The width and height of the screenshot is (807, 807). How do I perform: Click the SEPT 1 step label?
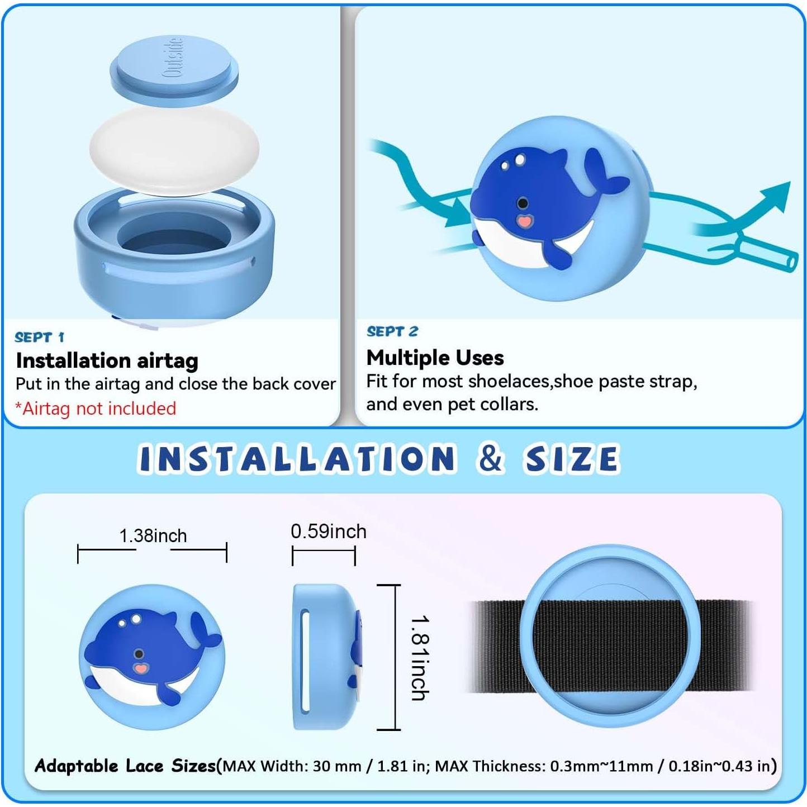click(x=39, y=337)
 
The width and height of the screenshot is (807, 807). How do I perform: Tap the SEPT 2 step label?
click(x=392, y=331)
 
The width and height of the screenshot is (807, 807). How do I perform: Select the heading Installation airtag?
click(x=107, y=360)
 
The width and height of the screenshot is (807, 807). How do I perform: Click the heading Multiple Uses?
click(x=435, y=357)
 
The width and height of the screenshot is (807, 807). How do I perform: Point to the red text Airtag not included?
click(x=96, y=409)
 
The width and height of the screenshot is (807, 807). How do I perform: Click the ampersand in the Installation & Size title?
click(x=491, y=458)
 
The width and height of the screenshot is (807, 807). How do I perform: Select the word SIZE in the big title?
click(x=571, y=459)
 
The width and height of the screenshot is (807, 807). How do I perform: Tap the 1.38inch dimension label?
click(x=153, y=535)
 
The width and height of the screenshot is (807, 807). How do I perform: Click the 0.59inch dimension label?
click(x=328, y=531)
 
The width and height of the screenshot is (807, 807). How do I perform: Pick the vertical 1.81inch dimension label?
click(x=419, y=658)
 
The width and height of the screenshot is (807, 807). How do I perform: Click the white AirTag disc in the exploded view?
click(x=174, y=150)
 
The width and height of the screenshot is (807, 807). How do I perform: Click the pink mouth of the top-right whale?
click(x=523, y=221)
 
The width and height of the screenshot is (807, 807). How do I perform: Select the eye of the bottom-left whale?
click(x=139, y=654)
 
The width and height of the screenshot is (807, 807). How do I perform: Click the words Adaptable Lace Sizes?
click(x=125, y=766)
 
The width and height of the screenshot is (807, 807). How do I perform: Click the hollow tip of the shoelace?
click(x=790, y=261)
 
